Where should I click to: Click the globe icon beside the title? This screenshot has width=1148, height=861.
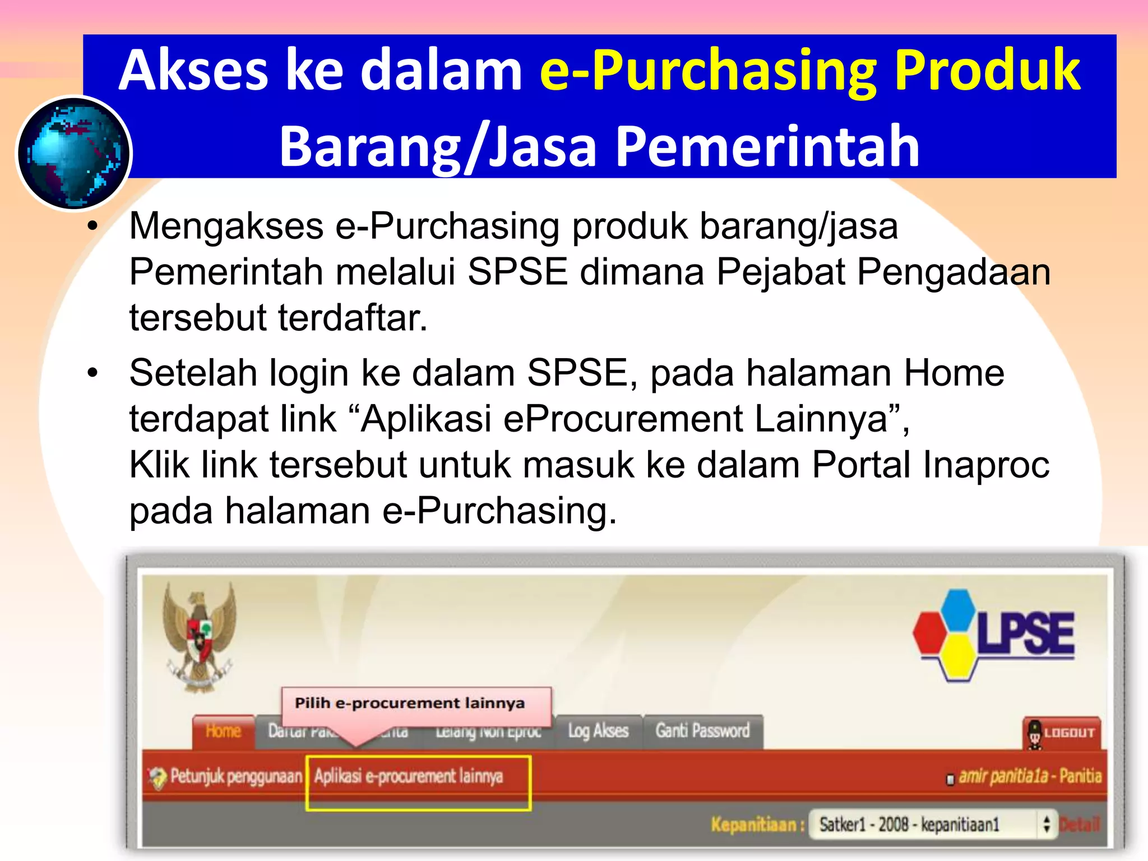click(74, 153)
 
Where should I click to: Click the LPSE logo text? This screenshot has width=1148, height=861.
click(1026, 633)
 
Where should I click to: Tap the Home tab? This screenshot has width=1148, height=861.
click(223, 731)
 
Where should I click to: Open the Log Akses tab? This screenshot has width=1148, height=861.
click(598, 731)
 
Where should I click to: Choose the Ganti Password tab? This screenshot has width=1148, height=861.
click(702, 731)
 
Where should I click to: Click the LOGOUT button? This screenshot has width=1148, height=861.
click(1062, 733)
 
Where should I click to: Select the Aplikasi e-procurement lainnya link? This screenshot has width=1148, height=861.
click(409, 776)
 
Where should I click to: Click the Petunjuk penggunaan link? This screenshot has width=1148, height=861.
click(235, 776)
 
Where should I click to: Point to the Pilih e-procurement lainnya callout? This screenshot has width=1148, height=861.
click(410, 703)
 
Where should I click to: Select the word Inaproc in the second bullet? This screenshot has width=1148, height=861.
click(986, 465)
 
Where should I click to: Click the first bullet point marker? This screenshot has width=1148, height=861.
click(92, 227)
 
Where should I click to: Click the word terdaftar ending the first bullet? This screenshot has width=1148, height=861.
click(353, 318)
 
